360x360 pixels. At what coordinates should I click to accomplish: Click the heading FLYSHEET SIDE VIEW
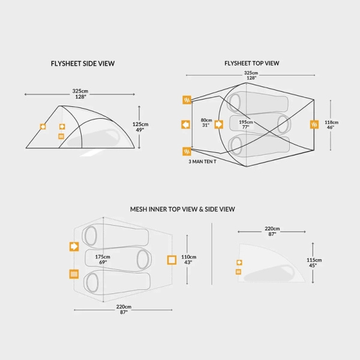click(x=83, y=64)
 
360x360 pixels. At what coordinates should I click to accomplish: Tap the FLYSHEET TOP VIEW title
click(x=252, y=64)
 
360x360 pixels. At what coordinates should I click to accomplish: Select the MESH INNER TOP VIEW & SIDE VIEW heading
click(x=182, y=209)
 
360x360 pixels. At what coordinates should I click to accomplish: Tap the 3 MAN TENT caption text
click(x=202, y=161)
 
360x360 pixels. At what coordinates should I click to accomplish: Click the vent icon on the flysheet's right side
click(x=314, y=124)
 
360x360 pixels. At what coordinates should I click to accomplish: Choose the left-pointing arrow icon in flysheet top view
click(x=185, y=124)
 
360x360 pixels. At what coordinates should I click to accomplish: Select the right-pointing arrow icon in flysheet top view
click(x=218, y=124)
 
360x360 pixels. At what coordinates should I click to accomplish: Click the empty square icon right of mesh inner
click(x=172, y=260)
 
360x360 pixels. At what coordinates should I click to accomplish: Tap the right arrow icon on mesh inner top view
click(x=74, y=247)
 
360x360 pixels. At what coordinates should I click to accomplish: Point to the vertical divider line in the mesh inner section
click(x=212, y=254)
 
